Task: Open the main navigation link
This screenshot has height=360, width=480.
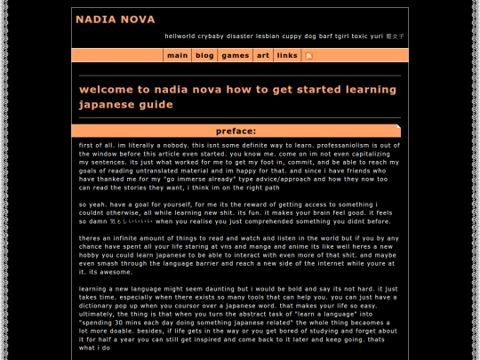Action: (177, 55)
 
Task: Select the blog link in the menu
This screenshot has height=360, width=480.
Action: (204, 55)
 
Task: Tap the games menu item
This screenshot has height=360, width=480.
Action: (235, 55)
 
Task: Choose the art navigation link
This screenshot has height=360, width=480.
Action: (263, 55)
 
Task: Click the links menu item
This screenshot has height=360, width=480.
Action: (287, 55)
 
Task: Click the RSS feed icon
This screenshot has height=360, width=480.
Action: (308, 55)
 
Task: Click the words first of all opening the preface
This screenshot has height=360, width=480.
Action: (94, 144)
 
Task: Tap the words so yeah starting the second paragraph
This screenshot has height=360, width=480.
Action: (90, 204)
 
